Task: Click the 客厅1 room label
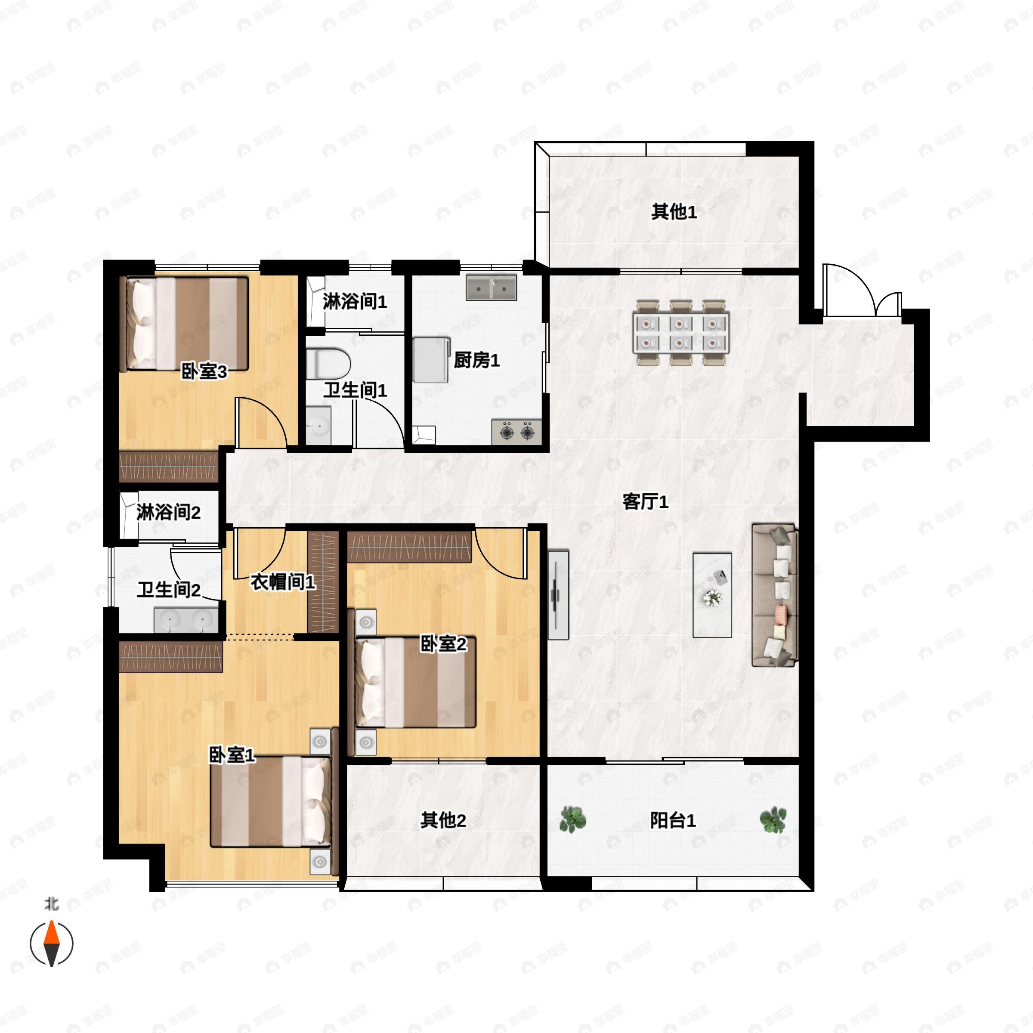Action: tap(645, 501)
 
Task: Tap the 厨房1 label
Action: tap(476, 360)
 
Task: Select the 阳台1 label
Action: tap(673, 820)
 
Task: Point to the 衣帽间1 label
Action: tap(283, 582)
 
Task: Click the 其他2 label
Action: tap(443, 820)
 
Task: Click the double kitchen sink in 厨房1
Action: tap(491, 288)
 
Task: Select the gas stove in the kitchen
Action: tap(516, 431)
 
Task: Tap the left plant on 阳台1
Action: tap(572, 819)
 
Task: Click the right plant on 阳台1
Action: tap(773, 819)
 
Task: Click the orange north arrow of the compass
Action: tap(51, 932)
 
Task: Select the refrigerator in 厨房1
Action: tap(431, 359)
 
